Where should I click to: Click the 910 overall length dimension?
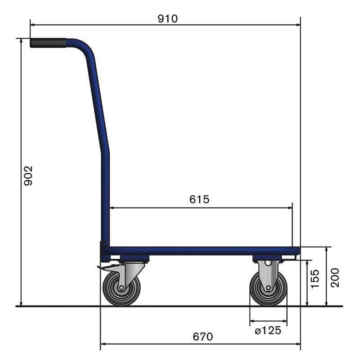[x=168, y=18]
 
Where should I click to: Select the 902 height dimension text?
[x=28, y=176]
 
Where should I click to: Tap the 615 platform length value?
[x=199, y=199]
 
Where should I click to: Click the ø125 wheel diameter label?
[x=268, y=331]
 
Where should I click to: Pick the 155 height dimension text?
[x=315, y=279]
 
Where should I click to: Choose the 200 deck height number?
[x=334, y=277]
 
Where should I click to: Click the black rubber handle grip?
[x=48, y=43]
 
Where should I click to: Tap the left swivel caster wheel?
[x=121, y=288]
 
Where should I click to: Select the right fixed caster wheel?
[x=269, y=288]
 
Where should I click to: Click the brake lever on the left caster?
[x=105, y=269]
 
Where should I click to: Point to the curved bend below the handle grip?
[x=85, y=47]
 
